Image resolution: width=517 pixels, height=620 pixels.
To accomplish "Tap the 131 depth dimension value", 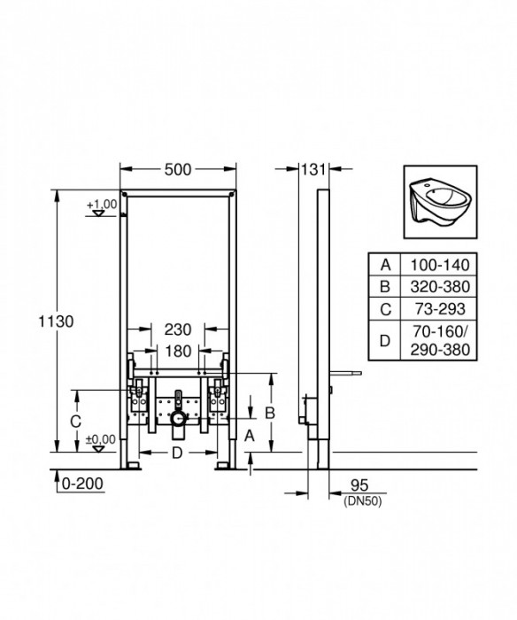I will pyautogui.click(x=313, y=171).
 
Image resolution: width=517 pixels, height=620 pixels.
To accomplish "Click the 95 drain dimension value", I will pyautogui.click(x=358, y=485).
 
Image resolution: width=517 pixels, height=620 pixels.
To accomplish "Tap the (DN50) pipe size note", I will pyautogui.click(x=358, y=501).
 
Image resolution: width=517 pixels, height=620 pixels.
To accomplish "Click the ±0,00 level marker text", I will pyautogui.click(x=102, y=438).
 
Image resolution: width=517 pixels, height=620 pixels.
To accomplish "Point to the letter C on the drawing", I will pyautogui.click(x=76, y=422).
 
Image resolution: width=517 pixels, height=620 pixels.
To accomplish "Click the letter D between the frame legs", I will pyautogui.click(x=178, y=453).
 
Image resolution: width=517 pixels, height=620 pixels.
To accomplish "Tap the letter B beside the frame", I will pyautogui.click(x=271, y=413).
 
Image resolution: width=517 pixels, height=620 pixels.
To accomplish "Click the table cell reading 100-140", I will pyautogui.click(x=436, y=264).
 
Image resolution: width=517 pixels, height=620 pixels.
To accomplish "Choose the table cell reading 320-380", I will pyautogui.click(x=436, y=286).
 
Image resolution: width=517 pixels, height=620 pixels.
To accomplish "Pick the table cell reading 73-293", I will pyautogui.click(x=436, y=309).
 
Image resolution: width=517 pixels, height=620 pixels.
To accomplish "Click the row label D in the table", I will pyautogui.click(x=385, y=340).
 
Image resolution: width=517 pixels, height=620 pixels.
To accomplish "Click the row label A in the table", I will pyautogui.click(x=385, y=264).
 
